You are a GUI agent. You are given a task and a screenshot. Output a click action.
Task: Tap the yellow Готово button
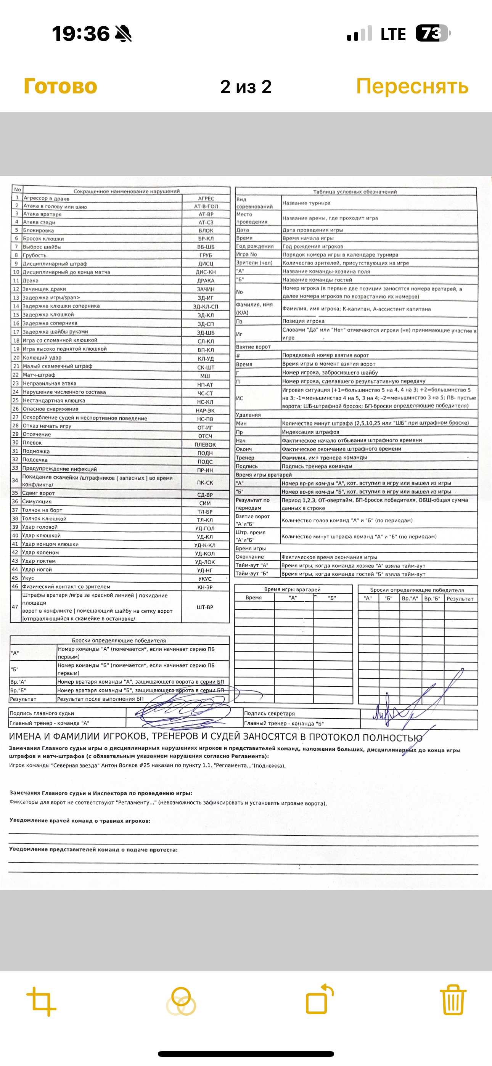pyautogui.click(x=61, y=87)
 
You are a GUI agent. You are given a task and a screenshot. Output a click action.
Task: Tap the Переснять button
pyautogui.click(x=412, y=87)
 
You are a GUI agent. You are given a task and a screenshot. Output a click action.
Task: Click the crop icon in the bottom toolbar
pyautogui.click(x=42, y=1002)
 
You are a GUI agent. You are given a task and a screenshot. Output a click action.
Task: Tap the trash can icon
pyautogui.click(x=453, y=1000)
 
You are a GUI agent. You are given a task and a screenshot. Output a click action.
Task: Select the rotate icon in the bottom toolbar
pyautogui.click(x=319, y=999)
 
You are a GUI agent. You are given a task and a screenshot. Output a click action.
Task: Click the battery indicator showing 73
pyautogui.click(x=433, y=34)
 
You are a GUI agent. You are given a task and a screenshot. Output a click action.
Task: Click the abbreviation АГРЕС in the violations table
pyautogui.click(x=206, y=199)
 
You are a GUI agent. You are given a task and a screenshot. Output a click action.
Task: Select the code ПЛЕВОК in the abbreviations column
pyautogui.click(x=205, y=445)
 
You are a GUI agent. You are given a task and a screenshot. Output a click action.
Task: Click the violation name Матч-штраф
pyautogui.click(x=39, y=375)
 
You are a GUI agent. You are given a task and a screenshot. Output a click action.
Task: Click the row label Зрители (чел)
pyautogui.click(x=254, y=263)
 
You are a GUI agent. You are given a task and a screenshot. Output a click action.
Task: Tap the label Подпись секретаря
pyautogui.click(x=269, y=713)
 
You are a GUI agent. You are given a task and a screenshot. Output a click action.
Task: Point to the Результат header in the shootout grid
pyautogui.click(x=460, y=599)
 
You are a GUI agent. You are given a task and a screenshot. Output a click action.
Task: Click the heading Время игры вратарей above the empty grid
pyautogui.click(x=292, y=589)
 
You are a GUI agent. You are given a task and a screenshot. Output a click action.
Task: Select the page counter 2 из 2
pyautogui.click(x=246, y=87)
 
